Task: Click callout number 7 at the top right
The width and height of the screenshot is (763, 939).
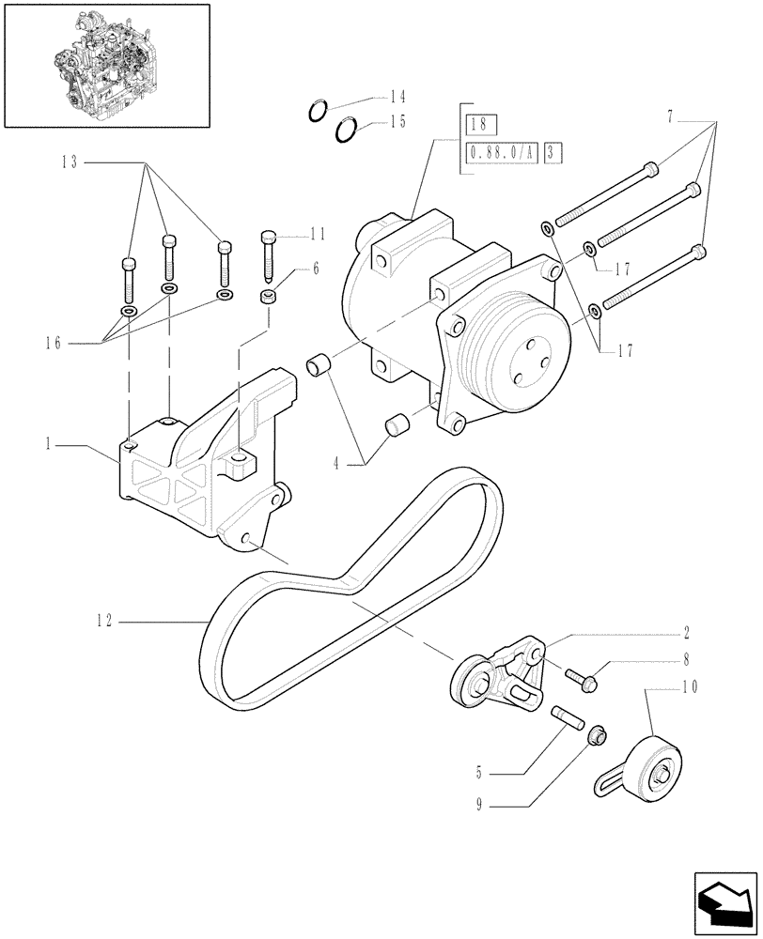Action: tap(670, 116)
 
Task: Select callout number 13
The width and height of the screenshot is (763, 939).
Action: tap(71, 162)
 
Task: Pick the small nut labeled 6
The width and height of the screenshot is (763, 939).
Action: tap(268, 298)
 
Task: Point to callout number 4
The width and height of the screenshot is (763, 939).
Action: tap(341, 460)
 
